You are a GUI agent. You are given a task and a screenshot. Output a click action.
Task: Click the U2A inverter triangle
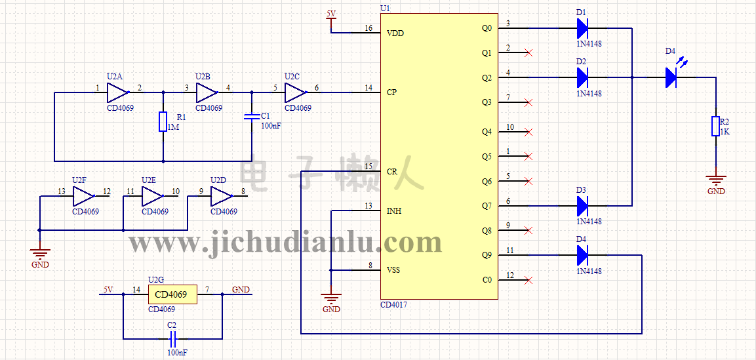click(118, 92)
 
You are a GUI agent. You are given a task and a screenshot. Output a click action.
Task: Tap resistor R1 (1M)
click(163, 122)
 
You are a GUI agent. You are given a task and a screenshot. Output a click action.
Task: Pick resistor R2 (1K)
click(716, 127)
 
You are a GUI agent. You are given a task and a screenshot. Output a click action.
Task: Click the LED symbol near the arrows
click(671, 77)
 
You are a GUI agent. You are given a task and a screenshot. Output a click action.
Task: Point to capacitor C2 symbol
click(172, 338)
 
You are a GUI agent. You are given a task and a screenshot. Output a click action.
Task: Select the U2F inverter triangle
click(84, 195)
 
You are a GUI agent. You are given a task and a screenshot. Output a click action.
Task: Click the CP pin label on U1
click(391, 92)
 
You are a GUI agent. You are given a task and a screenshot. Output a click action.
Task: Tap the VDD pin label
click(395, 33)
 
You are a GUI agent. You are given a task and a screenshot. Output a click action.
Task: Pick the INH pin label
click(394, 211)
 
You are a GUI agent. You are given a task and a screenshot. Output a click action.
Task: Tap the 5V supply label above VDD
click(331, 14)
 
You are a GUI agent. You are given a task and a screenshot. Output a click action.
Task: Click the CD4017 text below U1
click(393, 305)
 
